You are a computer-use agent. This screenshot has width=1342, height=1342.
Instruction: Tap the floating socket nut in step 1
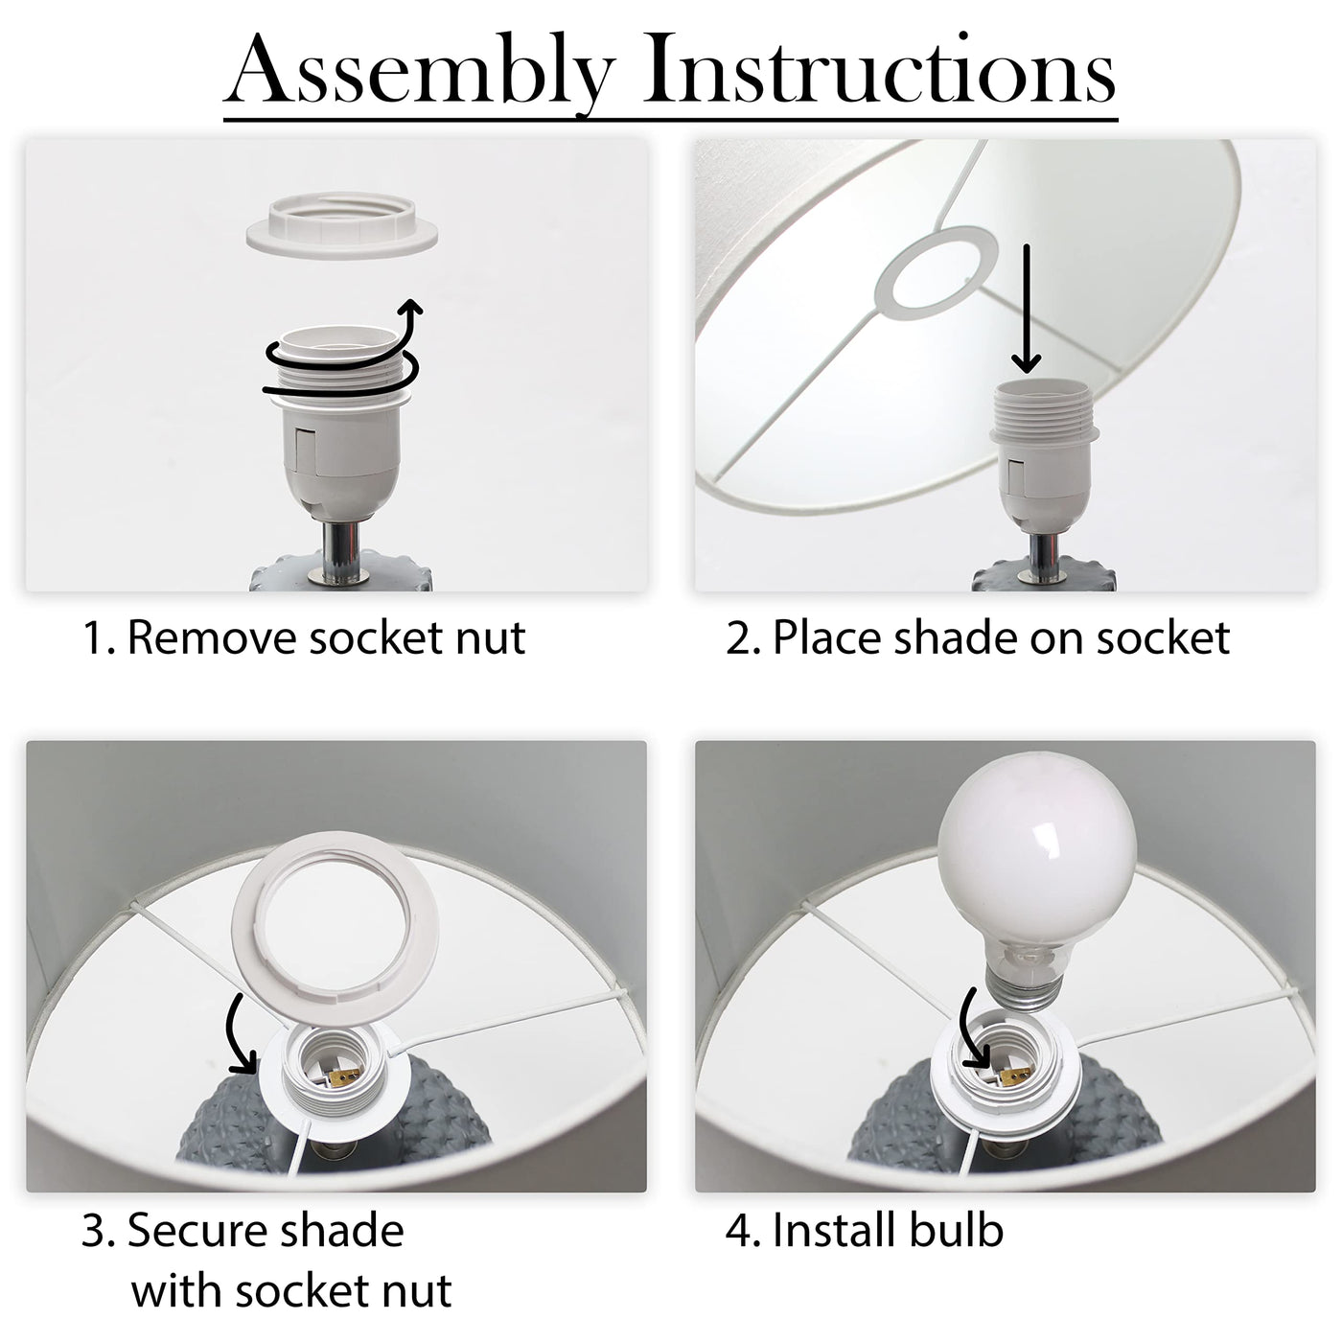341,222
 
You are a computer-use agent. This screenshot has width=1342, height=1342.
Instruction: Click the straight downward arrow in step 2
1026,310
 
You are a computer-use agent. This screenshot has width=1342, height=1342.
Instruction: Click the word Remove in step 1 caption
213,637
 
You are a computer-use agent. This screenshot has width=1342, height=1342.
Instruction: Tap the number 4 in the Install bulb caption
737,1231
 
